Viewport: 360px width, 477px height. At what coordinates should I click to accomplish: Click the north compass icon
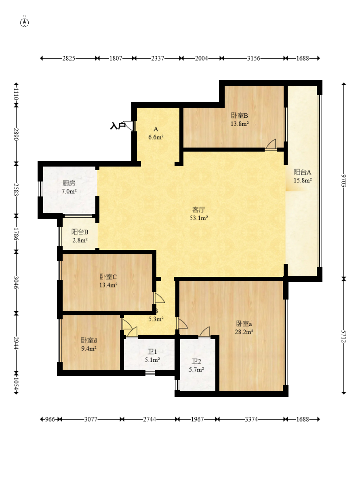25,22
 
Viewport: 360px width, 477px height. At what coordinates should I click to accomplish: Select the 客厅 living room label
199,210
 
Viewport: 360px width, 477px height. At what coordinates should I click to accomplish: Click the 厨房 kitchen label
69,183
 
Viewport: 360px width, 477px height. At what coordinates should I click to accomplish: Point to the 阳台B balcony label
80,232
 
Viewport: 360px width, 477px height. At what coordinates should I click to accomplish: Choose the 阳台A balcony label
302,172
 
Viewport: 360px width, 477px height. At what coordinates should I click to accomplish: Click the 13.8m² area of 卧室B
239,124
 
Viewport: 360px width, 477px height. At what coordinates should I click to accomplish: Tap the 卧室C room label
108,277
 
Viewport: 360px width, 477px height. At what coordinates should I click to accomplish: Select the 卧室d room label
88,340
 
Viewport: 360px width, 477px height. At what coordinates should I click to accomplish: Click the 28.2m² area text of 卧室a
244,332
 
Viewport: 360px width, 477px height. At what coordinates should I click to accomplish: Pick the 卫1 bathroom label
152,352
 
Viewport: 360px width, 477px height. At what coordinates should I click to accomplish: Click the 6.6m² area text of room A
156,137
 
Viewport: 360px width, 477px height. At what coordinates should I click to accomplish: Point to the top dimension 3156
253,58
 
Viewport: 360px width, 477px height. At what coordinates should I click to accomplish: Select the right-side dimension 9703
344,181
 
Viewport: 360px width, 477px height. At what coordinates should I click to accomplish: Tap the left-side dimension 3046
16,282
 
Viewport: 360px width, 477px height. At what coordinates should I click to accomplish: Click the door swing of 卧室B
271,145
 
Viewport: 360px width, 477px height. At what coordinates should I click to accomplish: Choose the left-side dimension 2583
16,189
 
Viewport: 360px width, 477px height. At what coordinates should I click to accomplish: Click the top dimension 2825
69,58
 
